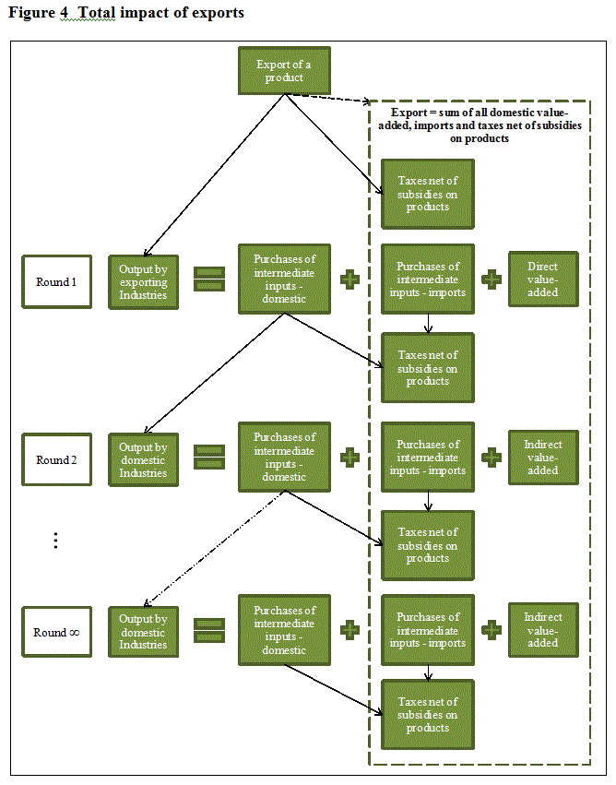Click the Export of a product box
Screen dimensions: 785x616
283,71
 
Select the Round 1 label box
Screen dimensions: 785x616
56,281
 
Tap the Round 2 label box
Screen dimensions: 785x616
56,459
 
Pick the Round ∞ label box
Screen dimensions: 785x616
56,633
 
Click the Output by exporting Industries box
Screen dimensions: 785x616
143,281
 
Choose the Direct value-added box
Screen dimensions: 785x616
543,279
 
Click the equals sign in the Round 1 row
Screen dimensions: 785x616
209,279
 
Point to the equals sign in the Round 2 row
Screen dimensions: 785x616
209,457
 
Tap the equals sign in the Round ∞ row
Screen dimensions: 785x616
209,630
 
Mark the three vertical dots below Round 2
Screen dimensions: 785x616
55,541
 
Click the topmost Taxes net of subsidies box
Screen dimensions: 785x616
428,194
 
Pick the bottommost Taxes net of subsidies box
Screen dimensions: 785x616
428,715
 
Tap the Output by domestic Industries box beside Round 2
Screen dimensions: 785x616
143,459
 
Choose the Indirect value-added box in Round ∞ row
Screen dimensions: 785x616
543,630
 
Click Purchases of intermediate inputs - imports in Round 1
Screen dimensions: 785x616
428,279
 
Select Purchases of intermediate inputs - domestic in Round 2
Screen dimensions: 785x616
284,457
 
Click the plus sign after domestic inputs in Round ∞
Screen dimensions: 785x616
349,630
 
